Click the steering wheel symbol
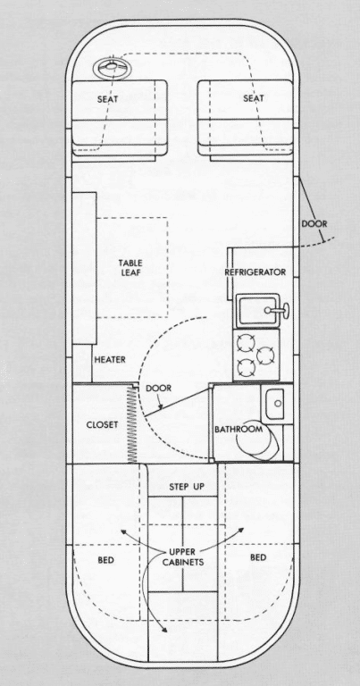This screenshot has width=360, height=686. click(x=108, y=68)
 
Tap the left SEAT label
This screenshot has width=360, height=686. click(x=107, y=99)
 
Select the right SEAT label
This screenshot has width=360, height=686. click(x=254, y=98)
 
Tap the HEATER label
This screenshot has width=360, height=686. click(x=110, y=360)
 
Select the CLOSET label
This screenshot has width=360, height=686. click(x=102, y=425)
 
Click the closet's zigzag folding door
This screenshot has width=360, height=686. click(x=131, y=424)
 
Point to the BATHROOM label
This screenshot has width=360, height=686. click(x=239, y=429)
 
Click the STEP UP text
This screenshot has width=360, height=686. click(x=187, y=487)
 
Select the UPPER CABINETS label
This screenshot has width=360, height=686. click(x=183, y=557)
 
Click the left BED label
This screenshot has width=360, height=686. click(x=106, y=560)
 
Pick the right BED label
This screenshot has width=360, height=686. click(x=258, y=557)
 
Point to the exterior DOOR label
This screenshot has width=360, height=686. click(x=314, y=224)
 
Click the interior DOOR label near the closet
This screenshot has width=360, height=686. click(x=158, y=388)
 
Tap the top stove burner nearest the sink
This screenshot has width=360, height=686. click(x=244, y=343)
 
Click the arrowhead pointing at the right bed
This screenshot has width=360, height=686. click(x=240, y=530)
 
